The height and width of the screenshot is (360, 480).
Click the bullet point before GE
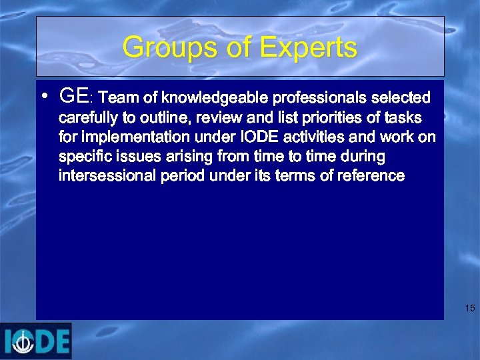coord(44,96)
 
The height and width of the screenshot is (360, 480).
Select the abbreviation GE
coord(73,97)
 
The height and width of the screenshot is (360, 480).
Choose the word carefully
coord(89,118)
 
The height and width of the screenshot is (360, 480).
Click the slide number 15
coord(470,308)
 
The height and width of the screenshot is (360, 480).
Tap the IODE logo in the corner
coord(36,341)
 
